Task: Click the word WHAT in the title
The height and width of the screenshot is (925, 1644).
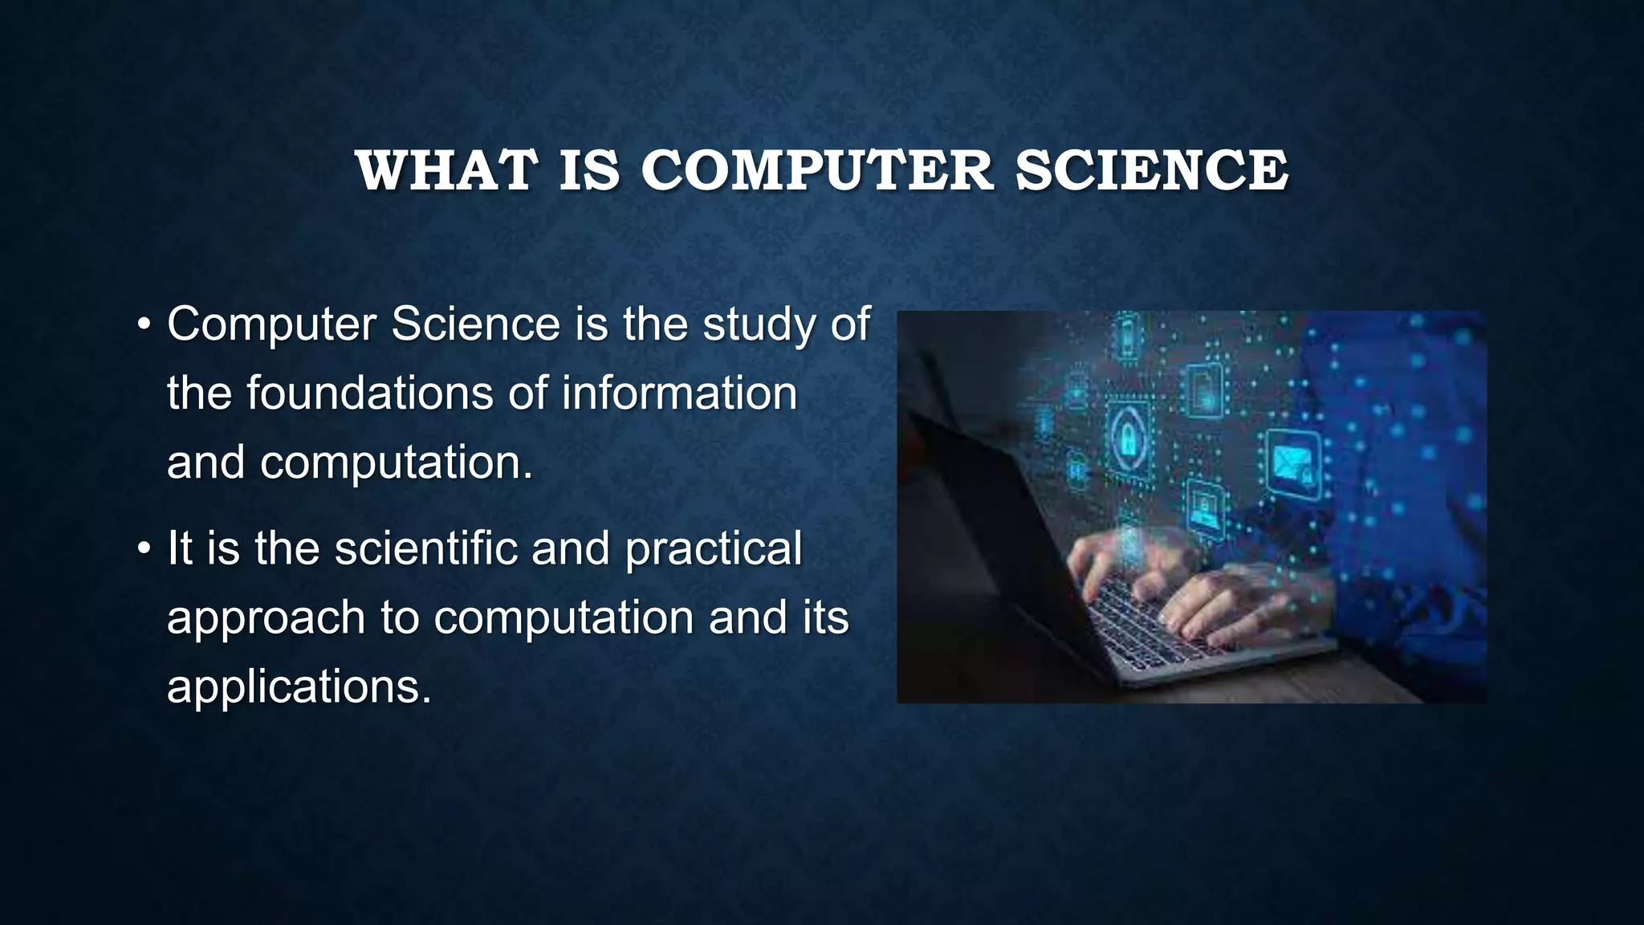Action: (446, 171)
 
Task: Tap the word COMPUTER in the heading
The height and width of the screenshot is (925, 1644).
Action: (816, 171)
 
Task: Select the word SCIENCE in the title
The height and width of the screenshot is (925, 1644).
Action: (1152, 171)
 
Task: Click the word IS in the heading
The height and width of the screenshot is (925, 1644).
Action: (589, 171)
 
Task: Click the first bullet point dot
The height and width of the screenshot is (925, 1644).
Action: (144, 326)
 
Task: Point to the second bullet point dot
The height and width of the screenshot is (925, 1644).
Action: (144, 550)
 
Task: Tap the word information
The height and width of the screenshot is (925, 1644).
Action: (679, 394)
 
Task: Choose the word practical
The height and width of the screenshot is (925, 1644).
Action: (713, 550)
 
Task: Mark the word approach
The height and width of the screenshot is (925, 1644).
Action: (266, 619)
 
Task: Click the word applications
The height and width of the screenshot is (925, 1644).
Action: (299, 688)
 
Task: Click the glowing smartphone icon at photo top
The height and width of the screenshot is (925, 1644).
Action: (1126, 337)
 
